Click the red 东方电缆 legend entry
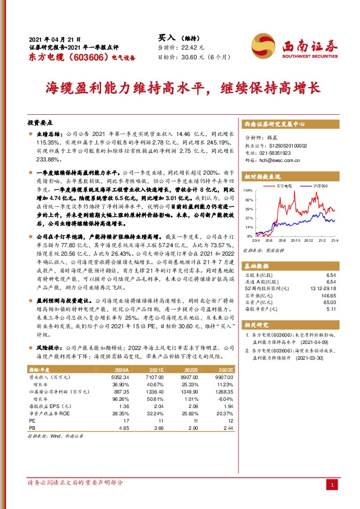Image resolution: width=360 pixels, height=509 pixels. tap(284, 186)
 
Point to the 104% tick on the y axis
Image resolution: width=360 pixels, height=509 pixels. tap(247, 190)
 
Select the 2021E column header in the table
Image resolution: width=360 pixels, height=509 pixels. tap(156, 368)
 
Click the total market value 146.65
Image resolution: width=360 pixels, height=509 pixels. tap(329, 296)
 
